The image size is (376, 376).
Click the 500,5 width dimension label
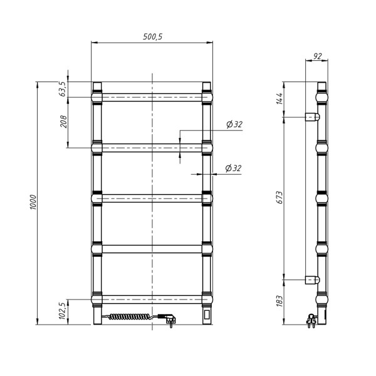click(x=153, y=36)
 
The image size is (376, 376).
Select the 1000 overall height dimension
click(x=33, y=202)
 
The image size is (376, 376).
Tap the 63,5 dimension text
click(x=61, y=89)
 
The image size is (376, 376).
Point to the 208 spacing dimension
click(x=63, y=122)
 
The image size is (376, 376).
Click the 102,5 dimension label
click(x=61, y=311)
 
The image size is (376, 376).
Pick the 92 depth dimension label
click(x=317, y=56)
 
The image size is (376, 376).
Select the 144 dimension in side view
click(x=279, y=98)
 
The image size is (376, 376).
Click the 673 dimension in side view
click(x=279, y=197)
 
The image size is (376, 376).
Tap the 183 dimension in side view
click(x=279, y=301)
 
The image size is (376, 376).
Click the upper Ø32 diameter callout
click(x=234, y=124)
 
